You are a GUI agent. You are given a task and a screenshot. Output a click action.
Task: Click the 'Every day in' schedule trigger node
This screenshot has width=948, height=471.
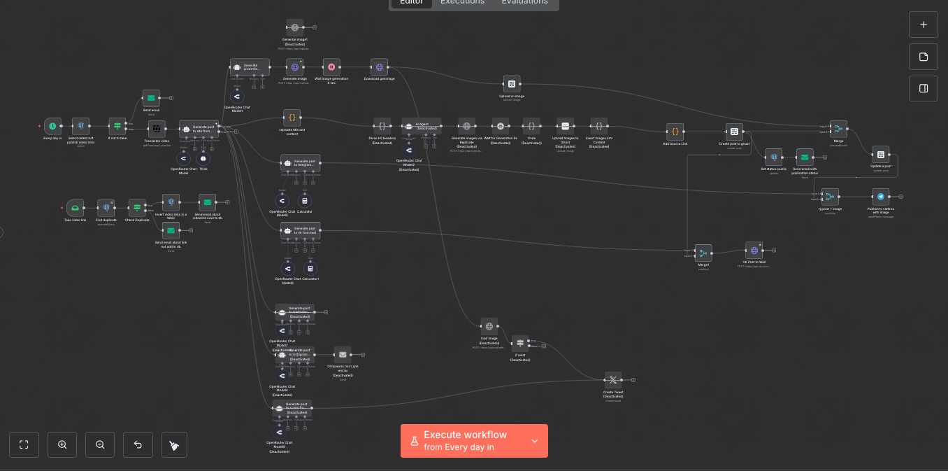tap(52, 127)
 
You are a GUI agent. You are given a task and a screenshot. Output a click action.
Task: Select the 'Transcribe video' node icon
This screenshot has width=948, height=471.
tap(157, 128)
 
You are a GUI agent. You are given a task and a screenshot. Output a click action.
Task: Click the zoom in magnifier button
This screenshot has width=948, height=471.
tap(62, 444)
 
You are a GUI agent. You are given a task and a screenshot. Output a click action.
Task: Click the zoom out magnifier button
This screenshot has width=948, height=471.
tap(100, 444)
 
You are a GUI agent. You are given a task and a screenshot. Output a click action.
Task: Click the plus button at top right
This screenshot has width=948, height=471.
tap(924, 24)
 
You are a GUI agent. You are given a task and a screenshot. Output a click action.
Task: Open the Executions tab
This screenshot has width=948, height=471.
tap(462, 2)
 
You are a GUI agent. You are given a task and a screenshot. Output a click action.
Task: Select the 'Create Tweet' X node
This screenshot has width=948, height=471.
tap(612, 380)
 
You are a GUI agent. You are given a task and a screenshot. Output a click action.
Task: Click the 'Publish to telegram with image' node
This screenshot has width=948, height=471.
tap(880, 197)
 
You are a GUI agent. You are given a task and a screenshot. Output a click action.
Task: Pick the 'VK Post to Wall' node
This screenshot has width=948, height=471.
tap(754, 250)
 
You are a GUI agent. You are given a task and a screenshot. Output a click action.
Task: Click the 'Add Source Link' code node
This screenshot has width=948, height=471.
tap(675, 131)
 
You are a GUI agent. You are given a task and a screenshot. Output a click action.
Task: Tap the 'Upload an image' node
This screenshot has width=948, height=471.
tap(512, 84)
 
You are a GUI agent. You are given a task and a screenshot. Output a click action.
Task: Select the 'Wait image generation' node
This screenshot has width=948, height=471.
tap(331, 67)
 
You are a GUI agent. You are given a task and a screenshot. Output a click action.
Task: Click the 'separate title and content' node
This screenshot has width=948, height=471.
tap(292, 118)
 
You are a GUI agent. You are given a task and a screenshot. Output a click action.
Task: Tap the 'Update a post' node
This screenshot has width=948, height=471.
tap(881, 155)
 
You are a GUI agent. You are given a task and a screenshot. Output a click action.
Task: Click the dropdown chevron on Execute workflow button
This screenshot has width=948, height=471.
tap(535, 441)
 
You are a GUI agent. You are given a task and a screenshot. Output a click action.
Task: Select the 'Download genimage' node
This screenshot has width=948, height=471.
tap(379, 67)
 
